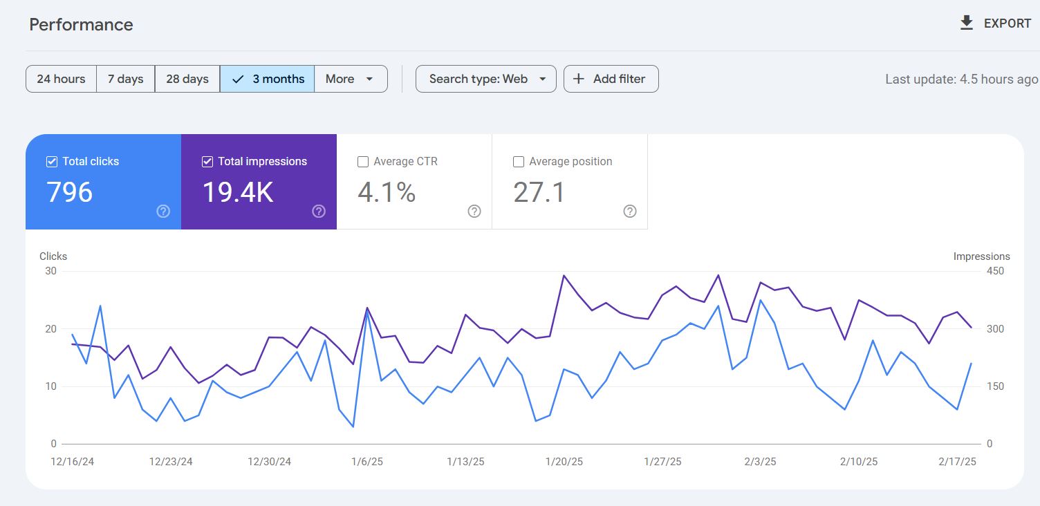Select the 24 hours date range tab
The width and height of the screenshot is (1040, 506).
coord(61,79)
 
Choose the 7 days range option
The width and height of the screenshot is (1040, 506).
coord(125,79)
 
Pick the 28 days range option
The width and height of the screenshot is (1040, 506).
coord(187,79)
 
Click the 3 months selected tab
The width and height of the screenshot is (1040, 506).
coord(268,79)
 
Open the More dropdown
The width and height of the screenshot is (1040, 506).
coord(350,79)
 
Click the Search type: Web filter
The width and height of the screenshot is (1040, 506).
coord(485,79)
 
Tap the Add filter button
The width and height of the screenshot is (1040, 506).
coord(611,79)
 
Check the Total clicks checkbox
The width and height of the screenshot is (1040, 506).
coord(52,162)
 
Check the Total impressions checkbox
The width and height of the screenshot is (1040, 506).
coord(207,162)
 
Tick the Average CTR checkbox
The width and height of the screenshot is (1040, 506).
coord(363,162)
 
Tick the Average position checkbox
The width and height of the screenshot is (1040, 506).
coord(519,162)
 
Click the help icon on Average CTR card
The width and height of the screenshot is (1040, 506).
coord(474,212)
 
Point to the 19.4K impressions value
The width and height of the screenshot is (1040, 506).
coord(237,192)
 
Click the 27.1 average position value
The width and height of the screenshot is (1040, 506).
coord(539,192)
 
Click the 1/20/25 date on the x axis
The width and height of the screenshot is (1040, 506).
coord(564,462)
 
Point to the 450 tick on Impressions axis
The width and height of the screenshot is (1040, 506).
coord(995,271)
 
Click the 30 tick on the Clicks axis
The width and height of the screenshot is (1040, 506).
coord(50,271)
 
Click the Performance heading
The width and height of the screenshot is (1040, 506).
coord(81,25)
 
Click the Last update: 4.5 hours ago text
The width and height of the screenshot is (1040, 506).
coord(961,79)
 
